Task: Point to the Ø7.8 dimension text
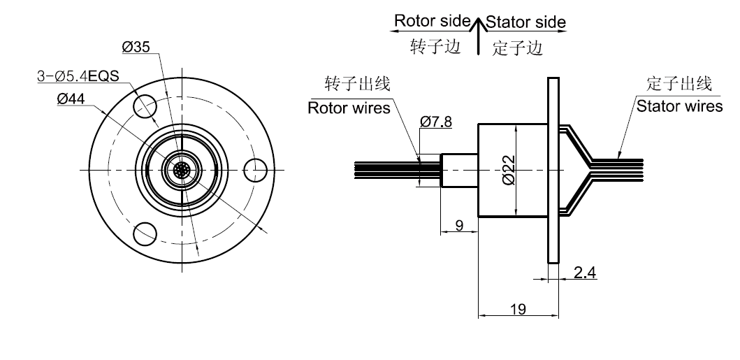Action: pyautogui.click(x=436, y=122)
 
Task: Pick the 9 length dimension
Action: pyautogui.click(x=459, y=225)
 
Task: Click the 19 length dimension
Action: pyautogui.click(x=518, y=308)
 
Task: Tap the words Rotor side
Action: pyautogui.click(x=428, y=21)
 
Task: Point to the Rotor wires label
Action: pyautogui.click(x=349, y=108)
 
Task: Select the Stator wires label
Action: pyautogui.click(x=679, y=106)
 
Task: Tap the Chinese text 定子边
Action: pyautogui.click(x=518, y=48)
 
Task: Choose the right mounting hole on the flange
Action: pyautogui.click(x=256, y=170)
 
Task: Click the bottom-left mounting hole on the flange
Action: pyautogui.click(x=146, y=233)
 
